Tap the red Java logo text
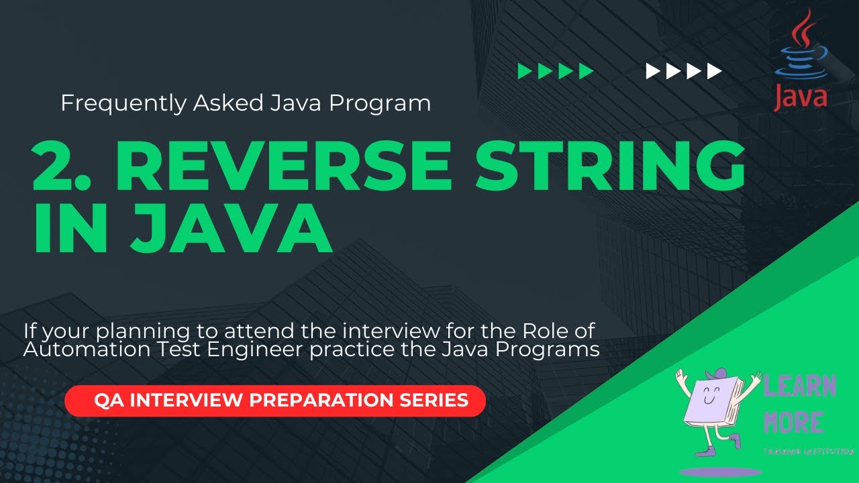click(800, 97)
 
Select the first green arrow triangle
click(525, 71)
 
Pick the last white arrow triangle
click(715, 71)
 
